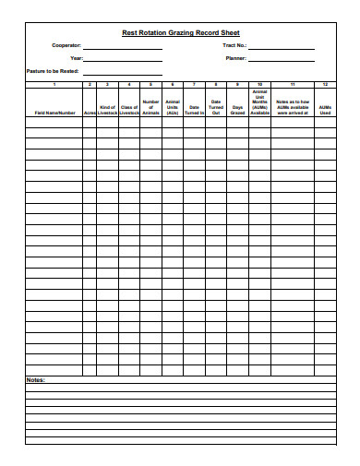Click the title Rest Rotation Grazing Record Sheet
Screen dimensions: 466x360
(180, 32)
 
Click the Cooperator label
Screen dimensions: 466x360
(66, 45)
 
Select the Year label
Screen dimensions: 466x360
(77, 57)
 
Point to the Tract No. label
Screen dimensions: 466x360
(234, 45)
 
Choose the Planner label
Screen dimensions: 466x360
(235, 57)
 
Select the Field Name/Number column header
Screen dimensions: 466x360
(54, 113)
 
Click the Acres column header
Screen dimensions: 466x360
(90, 113)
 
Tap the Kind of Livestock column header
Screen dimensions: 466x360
(107, 110)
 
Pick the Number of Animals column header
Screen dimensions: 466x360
(150, 107)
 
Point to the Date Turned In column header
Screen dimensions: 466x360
(194, 110)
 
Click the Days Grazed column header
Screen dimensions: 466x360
(237, 110)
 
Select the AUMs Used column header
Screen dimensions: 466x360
(324, 110)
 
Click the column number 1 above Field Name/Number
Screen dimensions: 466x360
(54, 84)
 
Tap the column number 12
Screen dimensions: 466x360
(324, 84)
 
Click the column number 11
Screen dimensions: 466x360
(293, 84)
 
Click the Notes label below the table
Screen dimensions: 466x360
(35, 380)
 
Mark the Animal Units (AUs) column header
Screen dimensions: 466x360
(172, 107)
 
